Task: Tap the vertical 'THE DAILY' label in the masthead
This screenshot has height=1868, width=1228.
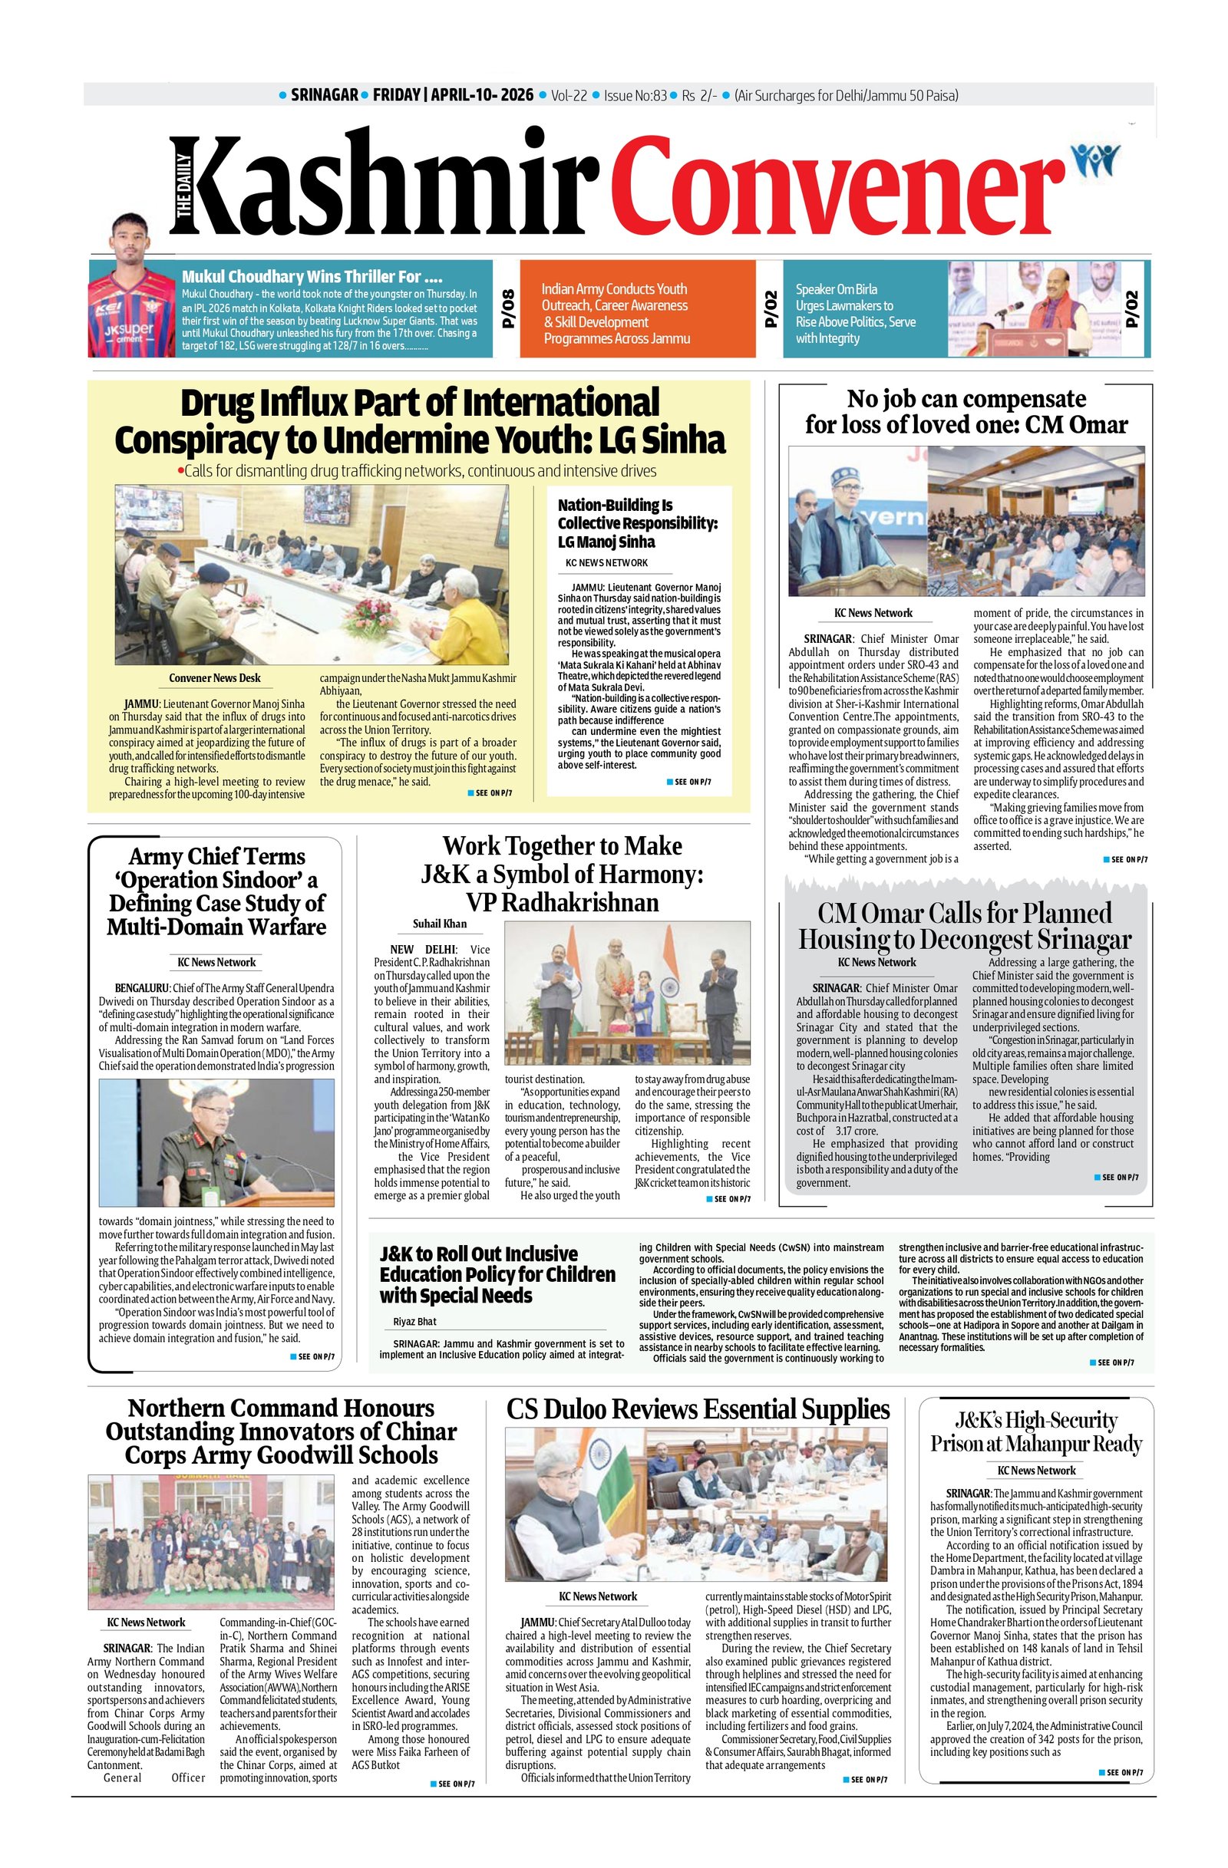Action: coord(183,186)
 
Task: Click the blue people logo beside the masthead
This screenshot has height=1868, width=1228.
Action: coord(1096,161)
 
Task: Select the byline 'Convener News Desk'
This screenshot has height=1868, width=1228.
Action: coord(214,678)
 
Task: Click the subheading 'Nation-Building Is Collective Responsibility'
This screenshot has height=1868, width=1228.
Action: coord(638,522)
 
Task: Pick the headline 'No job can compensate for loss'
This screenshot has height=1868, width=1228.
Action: coord(966,411)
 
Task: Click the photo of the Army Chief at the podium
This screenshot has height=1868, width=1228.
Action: coord(216,1142)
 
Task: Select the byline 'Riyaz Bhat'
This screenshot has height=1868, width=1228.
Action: coord(414,1322)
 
